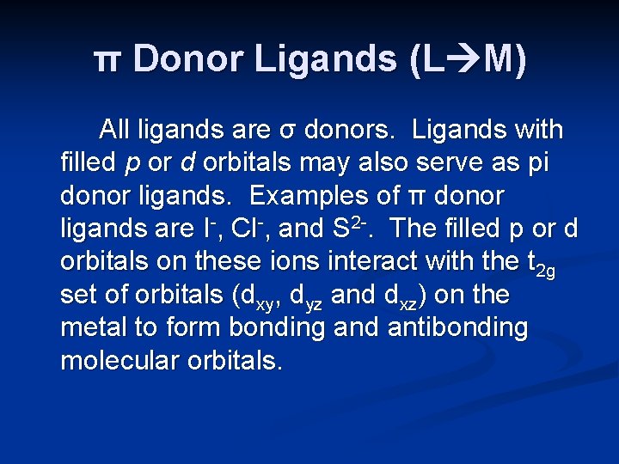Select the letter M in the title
coord(503,60)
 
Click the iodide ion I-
coord(207,229)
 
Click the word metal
coord(95,327)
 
